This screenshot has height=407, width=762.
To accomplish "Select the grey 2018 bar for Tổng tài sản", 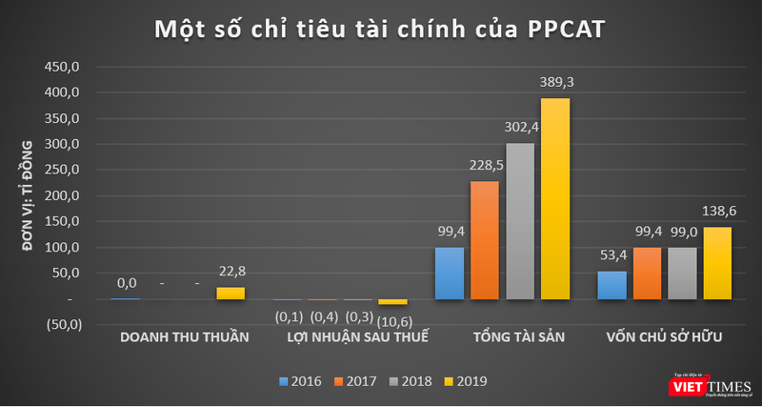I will point(520,221).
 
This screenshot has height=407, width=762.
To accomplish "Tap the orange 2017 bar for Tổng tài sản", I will point(485,240).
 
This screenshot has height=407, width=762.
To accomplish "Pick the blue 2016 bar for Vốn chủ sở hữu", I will point(612,285).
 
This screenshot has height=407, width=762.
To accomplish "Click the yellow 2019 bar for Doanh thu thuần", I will point(231,294).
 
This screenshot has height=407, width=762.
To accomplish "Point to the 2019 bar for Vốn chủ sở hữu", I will point(718,263).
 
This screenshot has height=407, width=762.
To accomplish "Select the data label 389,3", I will point(556,83).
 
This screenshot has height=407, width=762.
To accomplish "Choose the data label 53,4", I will point(612,255).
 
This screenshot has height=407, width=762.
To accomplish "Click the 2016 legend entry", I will point(298,381).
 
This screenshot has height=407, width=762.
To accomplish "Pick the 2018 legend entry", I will point(411,381).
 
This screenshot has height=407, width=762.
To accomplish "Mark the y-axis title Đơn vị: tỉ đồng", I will point(29,196).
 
